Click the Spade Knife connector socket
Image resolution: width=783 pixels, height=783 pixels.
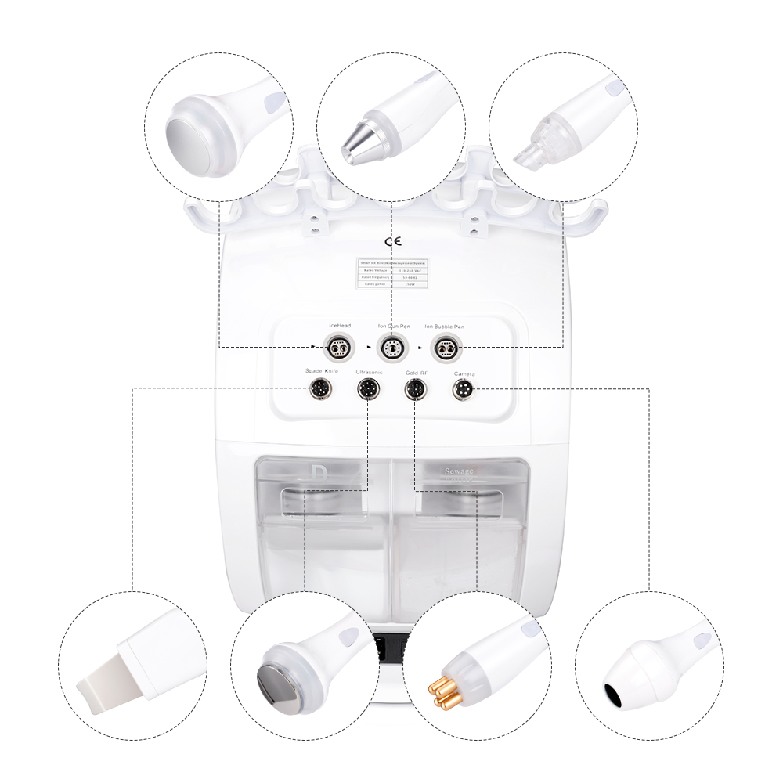(320, 388)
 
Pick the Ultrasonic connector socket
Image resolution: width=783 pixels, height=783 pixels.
(367, 388)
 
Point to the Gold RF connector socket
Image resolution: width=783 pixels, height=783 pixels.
(414, 388)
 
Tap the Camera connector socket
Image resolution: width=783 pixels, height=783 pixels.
(463, 388)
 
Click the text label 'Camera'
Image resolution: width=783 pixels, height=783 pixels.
(464, 374)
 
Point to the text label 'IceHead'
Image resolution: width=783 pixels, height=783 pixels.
(340, 326)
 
